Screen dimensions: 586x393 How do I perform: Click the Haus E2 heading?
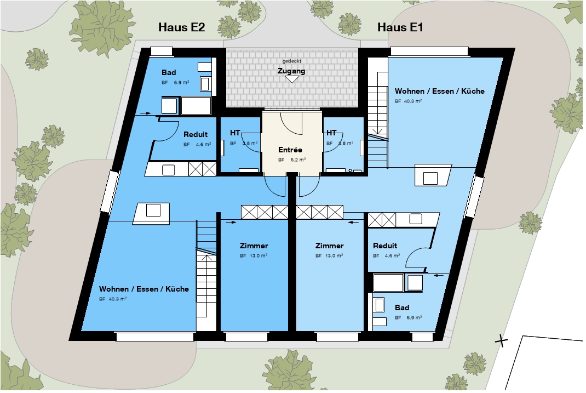pos(182,27)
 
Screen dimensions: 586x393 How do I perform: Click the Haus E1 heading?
pos(400,27)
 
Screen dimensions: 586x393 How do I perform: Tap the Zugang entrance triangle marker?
pos(292,79)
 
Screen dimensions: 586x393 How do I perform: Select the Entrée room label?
pos(290,150)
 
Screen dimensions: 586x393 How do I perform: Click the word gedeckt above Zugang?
pos(291,61)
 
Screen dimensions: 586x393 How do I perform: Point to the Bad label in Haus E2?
pos(169,72)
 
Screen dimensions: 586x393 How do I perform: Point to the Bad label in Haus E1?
pos(402,307)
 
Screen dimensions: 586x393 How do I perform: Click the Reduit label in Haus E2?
pos(196,135)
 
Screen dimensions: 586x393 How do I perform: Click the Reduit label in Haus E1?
pos(385,246)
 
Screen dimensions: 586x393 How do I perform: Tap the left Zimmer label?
pos(254,246)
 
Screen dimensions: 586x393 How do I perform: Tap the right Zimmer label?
pos(329,246)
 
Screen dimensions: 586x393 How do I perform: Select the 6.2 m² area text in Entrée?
pos(298,160)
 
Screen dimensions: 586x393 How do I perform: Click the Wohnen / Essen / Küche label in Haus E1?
pos(439,91)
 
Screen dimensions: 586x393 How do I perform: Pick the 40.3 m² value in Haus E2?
pos(117,299)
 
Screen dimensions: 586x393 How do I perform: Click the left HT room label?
pos(235,133)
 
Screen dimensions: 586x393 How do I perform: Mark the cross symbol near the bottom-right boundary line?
pos(502,341)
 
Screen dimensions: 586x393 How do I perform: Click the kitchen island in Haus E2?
pos(152,213)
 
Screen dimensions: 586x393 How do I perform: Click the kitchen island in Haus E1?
pos(433,176)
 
